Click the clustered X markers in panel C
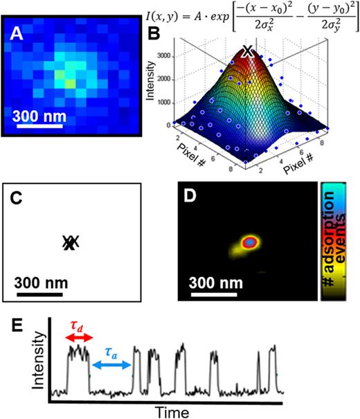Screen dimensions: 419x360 coord(70,242)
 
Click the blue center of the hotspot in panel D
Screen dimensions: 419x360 coord(249,243)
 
